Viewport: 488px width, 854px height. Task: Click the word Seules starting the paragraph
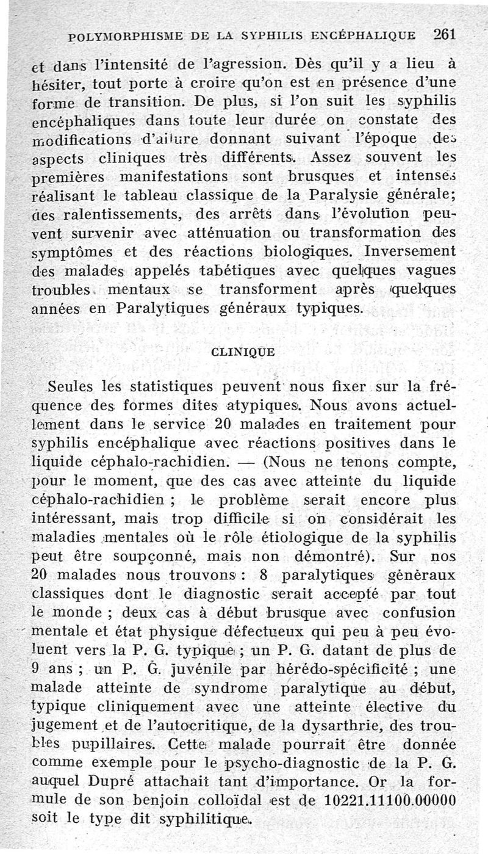pyautogui.click(x=68, y=386)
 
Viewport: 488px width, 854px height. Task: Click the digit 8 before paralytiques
pyautogui.click(x=264, y=577)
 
